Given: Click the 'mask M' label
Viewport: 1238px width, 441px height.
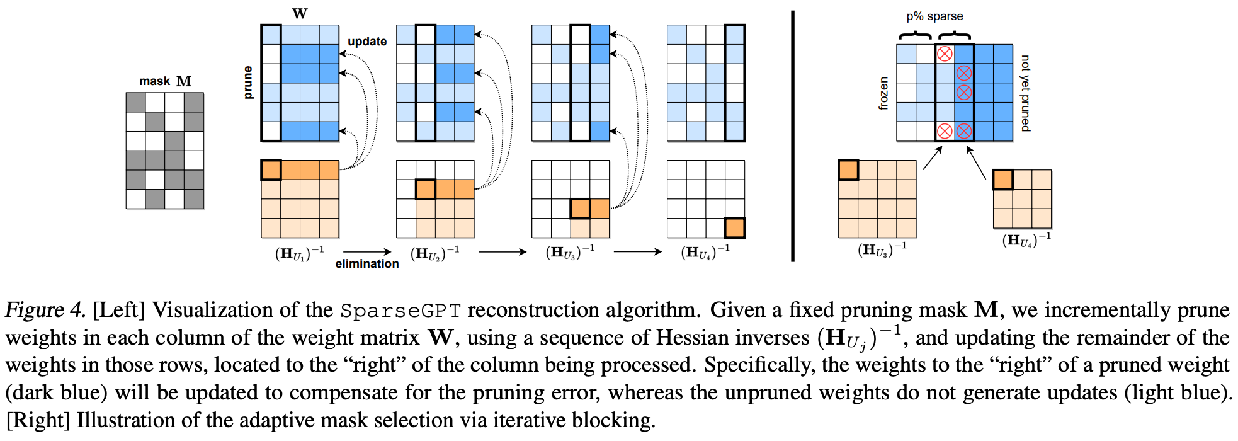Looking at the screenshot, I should click(165, 81).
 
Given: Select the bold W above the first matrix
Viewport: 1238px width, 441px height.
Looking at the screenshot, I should click(300, 13).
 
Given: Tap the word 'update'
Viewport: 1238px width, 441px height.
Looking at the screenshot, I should click(367, 42).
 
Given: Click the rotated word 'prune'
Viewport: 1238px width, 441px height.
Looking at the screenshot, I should click(247, 83).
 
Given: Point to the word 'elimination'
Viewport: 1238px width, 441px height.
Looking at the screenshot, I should click(367, 264).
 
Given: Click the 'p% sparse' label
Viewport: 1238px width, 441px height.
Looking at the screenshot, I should click(934, 16).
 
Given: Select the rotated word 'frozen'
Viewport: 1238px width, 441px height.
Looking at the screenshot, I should click(883, 93).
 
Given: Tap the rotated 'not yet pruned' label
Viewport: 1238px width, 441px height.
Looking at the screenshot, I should click(1026, 93).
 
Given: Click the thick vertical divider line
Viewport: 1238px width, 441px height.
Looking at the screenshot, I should click(793, 135).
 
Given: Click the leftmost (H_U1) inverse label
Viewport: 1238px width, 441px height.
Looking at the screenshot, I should click(300, 253).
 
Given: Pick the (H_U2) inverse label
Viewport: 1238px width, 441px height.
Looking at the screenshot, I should click(435, 253).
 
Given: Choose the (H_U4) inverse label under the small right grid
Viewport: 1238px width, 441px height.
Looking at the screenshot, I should click(1026, 240).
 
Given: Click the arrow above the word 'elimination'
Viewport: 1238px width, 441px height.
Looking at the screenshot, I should click(367, 252).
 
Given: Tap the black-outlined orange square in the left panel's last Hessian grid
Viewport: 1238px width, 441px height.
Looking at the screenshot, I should click(735, 227).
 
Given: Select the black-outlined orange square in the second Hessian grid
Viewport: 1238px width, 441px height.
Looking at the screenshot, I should click(426, 189).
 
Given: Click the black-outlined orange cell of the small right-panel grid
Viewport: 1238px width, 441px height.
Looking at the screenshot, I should click(1002, 180).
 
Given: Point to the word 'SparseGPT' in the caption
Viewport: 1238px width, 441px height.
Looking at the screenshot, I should click(400, 311).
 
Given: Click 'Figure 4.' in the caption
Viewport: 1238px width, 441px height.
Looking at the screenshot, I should click(45, 310).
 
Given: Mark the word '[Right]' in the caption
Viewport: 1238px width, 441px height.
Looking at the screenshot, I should click(38, 420).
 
